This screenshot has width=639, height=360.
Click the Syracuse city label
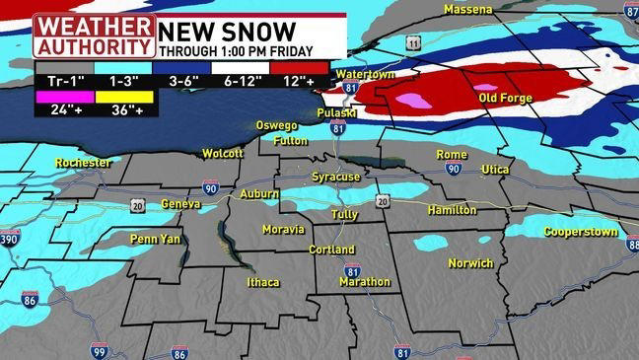[335, 177]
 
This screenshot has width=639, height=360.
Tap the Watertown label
[364, 75]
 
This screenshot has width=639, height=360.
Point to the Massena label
[467, 9]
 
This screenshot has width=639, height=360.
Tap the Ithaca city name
[263, 283]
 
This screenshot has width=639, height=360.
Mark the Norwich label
[469, 263]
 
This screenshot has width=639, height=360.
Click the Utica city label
[495, 170]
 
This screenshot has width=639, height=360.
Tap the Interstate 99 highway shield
[98, 350]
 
